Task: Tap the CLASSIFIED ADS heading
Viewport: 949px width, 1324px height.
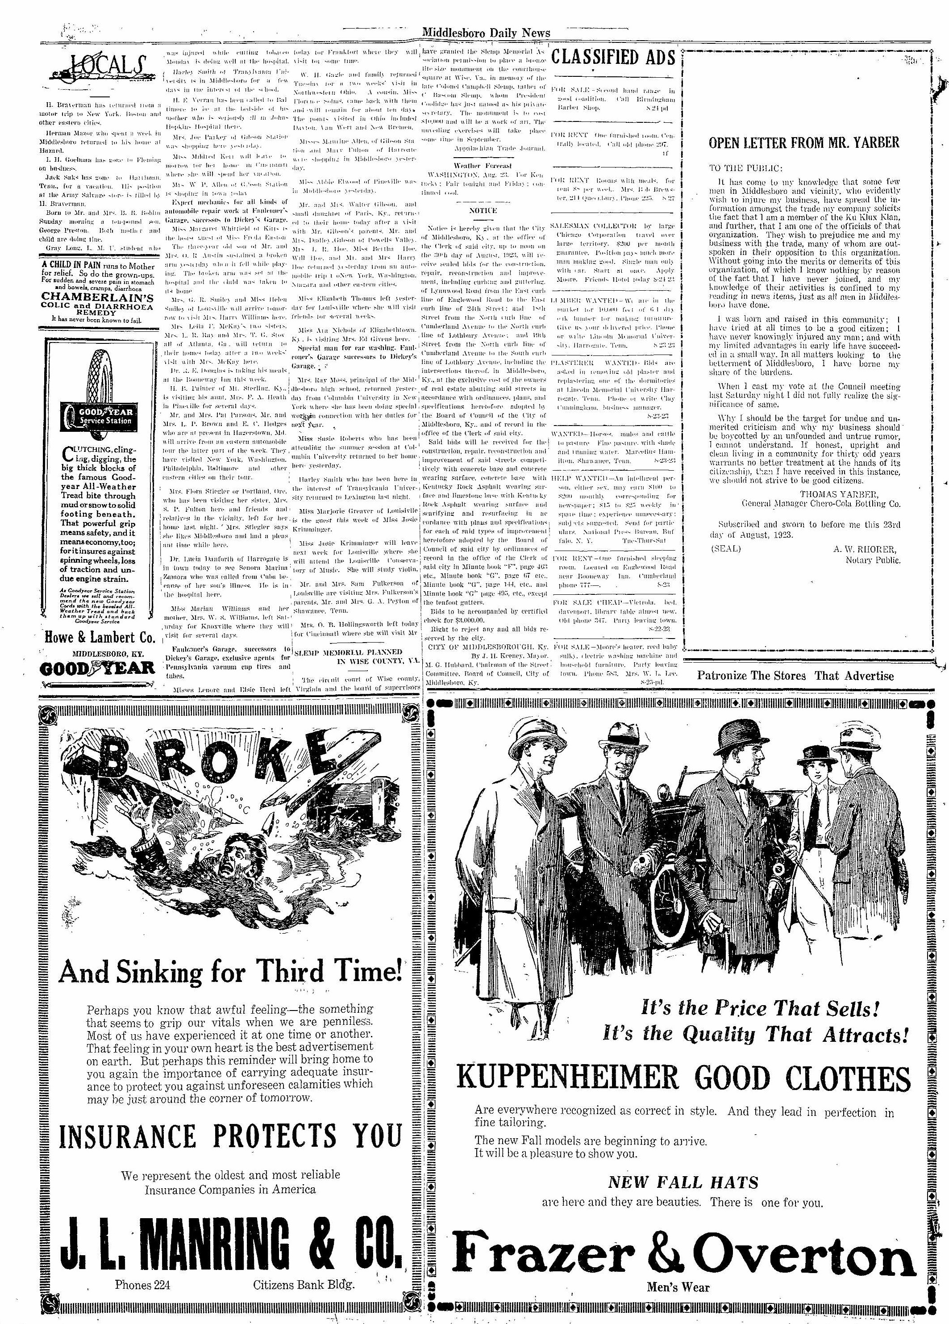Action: (613, 58)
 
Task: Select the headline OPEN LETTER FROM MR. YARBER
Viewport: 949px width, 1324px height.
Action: (803, 142)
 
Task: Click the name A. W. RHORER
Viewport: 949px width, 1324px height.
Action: (866, 549)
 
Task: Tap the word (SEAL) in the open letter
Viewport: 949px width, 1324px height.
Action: (725, 549)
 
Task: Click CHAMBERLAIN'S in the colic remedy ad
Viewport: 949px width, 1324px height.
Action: (97, 296)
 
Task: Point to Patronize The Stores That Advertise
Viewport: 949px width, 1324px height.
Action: (795, 676)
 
